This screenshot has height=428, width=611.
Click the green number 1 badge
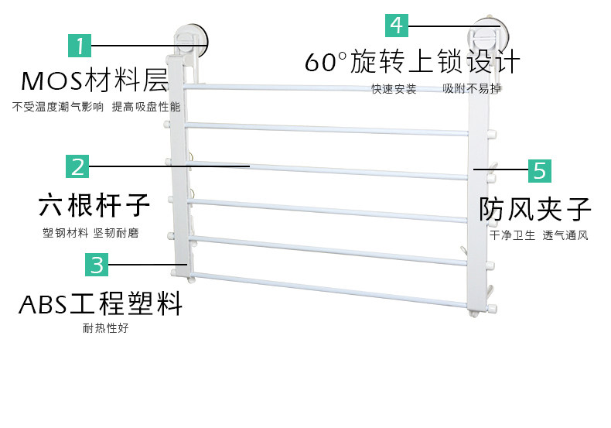coord(80,46)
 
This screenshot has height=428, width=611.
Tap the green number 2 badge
coord(77,166)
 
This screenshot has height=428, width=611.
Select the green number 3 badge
coord(97,265)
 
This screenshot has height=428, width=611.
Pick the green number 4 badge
coord(397,25)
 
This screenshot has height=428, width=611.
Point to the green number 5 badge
coord(539,169)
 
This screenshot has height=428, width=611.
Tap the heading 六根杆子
coord(94,206)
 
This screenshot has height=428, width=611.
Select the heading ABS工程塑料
coord(101,303)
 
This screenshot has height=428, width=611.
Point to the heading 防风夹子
coord(535,209)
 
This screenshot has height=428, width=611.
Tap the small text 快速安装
coord(394,89)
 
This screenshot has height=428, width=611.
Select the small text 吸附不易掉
coord(472,89)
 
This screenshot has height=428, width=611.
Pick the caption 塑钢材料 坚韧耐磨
coord(90,233)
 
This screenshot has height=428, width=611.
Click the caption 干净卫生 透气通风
coord(538,235)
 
